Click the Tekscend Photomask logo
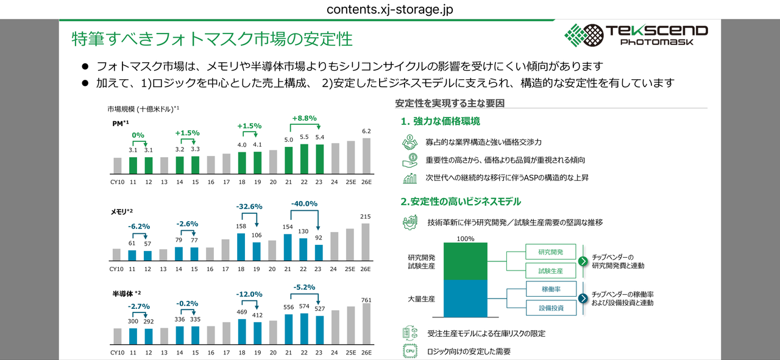pos(636,35)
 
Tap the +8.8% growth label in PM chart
pos(304,118)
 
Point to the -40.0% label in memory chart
pos(304,203)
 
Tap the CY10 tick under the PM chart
pos(117,182)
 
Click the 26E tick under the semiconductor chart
pos(366,353)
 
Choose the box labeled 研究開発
pos(550,252)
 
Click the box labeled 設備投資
pos(550,308)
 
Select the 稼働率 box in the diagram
pos(550,289)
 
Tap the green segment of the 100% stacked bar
pos(466,261)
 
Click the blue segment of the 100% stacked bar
pos(466,298)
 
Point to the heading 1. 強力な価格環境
pos(440,121)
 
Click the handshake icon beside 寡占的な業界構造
pos(409,142)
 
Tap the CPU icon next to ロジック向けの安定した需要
pos(409,351)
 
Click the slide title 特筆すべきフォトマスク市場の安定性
pos(212,38)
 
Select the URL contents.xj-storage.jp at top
pos(390,10)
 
